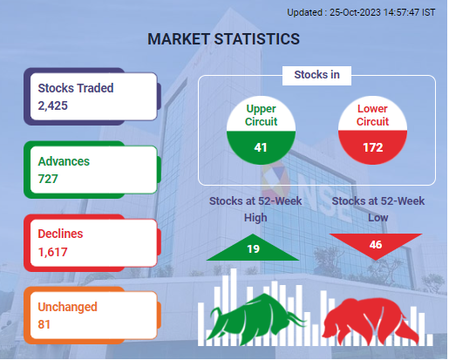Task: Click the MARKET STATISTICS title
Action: [223, 39]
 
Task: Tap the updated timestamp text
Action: [361, 12]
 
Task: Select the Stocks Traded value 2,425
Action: [52, 105]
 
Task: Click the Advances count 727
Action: [48, 179]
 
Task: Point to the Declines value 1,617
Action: [52, 252]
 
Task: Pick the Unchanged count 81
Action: [44, 324]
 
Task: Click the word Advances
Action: [64, 161]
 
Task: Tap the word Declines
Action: [60, 234]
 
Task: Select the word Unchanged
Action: [67, 307]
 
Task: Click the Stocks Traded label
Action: [76, 88]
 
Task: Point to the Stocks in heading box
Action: [316, 76]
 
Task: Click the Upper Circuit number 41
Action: [261, 147]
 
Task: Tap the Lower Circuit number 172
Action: [373, 147]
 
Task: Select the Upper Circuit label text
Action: [261, 115]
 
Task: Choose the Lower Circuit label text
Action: [372, 115]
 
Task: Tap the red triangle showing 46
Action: [376, 243]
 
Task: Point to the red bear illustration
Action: [371, 321]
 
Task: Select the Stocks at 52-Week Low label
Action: [378, 209]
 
